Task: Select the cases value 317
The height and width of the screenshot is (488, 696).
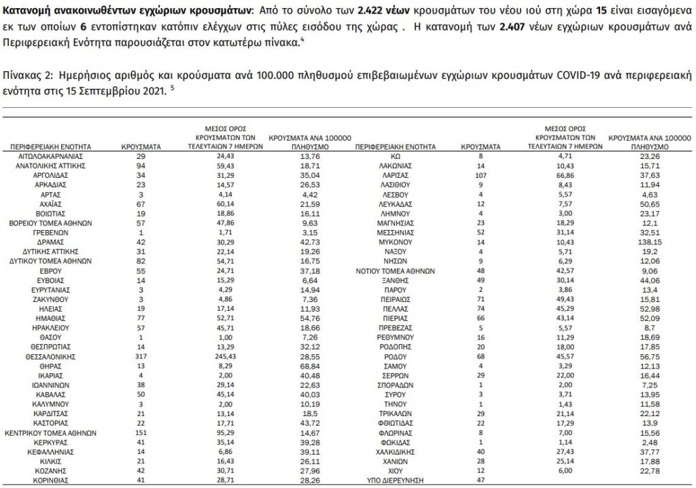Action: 140,356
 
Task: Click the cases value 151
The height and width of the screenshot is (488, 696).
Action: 140,432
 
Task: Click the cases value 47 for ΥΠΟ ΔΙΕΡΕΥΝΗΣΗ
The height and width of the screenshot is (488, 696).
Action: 480,479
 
